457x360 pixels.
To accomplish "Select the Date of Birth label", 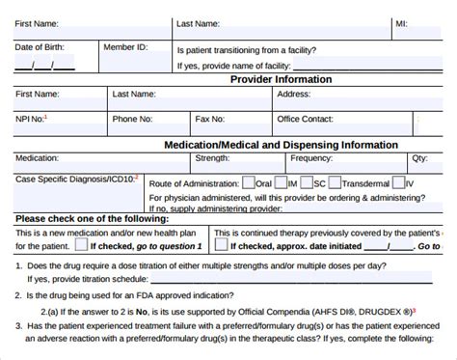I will (40, 46).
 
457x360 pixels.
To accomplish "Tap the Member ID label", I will (125, 46).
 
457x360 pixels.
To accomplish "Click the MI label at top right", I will (401, 22).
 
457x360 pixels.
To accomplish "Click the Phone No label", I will (132, 120).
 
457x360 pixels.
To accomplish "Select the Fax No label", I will (209, 120).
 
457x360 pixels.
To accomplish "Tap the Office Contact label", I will (306, 120).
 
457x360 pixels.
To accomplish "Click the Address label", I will (293, 95).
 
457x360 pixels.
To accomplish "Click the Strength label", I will (212, 157).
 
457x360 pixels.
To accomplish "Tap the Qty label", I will (419, 157).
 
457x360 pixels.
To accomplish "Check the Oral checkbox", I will (249, 181).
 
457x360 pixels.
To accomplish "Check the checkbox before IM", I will (279, 181).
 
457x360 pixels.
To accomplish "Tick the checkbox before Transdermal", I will (334, 181).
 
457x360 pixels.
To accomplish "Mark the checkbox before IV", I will (398, 181).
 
